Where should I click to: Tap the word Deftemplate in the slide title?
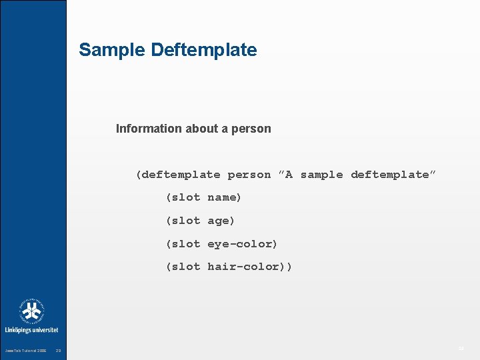pos(204,50)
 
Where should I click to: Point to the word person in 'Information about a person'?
pos(251,129)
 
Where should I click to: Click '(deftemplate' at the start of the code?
pos(178,175)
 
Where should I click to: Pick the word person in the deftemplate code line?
pos(249,175)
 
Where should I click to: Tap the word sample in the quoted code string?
pos(321,175)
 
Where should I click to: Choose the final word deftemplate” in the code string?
pos(393,175)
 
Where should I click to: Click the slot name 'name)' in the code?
pos(225,197)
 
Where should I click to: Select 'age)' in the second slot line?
pos(221,221)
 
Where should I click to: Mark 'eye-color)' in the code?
pos(242,244)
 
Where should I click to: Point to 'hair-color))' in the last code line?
pos(249,267)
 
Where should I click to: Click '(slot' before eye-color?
pos(183,244)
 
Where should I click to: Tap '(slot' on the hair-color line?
pos(183,267)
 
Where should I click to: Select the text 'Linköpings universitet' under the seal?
pos(31,330)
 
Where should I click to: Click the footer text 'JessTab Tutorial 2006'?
pos(25,351)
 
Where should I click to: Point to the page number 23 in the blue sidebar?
pos(59,351)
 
